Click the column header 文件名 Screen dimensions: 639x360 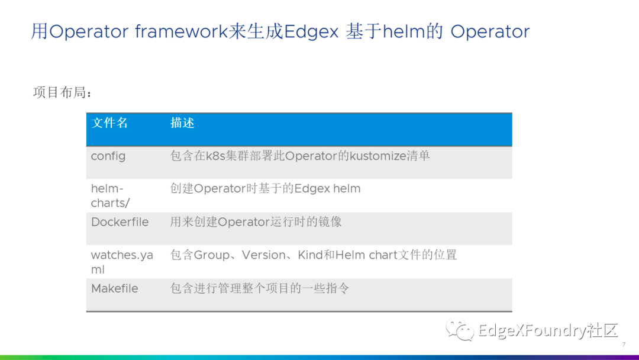[x=109, y=123]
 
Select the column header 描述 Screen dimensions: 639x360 [x=182, y=123]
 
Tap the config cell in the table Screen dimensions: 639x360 [x=108, y=156]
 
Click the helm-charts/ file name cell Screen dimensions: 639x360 [x=111, y=196]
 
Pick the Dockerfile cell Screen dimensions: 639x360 [x=120, y=222]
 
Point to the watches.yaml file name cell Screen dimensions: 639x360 [x=122, y=262]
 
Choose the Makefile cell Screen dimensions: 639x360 [x=115, y=289]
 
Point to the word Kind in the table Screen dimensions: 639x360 [x=310, y=255]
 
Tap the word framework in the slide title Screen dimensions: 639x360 [x=182, y=31]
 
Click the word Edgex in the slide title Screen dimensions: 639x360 [x=311, y=32]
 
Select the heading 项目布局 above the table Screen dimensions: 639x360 [x=62, y=92]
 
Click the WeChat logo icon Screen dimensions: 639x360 [x=460, y=329]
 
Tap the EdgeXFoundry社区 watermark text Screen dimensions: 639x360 [x=548, y=330]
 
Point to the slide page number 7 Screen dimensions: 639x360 [x=624, y=345]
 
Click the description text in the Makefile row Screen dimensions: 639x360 [x=260, y=289]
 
